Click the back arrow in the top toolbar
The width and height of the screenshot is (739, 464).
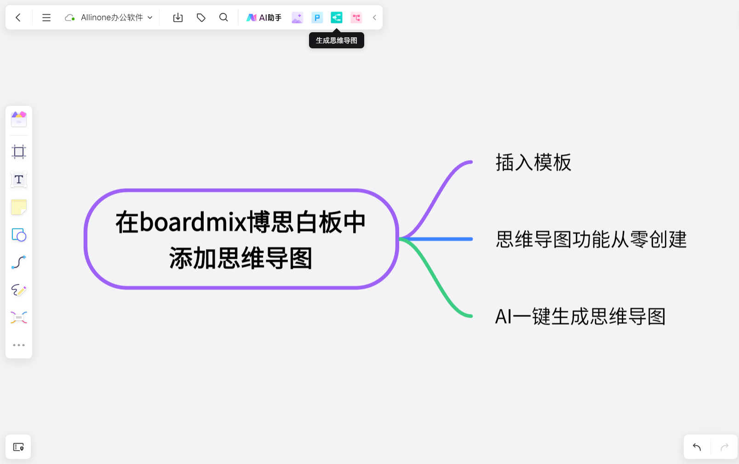tap(18, 17)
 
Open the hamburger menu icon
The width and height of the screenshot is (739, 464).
tap(46, 17)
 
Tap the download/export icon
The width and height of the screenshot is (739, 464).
tap(178, 17)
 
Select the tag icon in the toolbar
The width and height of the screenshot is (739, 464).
tap(201, 17)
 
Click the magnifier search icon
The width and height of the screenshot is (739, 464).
tap(223, 17)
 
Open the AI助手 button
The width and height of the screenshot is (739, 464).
tap(264, 17)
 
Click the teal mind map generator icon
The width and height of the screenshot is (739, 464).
tap(337, 17)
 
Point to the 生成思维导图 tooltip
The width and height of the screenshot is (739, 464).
tap(336, 41)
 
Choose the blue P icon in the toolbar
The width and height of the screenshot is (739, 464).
tap(317, 17)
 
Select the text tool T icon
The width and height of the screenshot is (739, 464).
tap(19, 180)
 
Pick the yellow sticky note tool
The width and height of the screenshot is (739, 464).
tap(19, 207)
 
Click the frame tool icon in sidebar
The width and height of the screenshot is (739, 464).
tap(19, 151)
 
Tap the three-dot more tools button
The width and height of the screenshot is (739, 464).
tap(19, 345)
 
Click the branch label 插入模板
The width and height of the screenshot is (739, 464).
tap(533, 162)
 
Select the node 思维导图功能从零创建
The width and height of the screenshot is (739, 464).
tap(591, 239)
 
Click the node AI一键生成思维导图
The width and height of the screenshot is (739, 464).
tap(580, 316)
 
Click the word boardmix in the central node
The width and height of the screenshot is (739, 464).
tap(193, 222)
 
